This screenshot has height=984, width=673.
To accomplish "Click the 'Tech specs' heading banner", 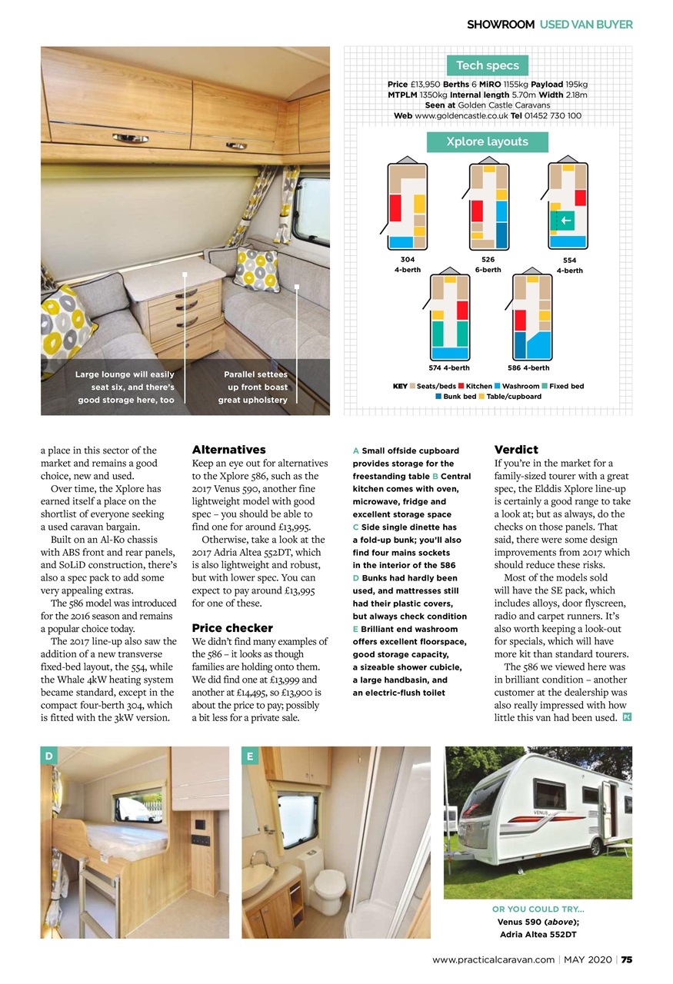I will [487, 65].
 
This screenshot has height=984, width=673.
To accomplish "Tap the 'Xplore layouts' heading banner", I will [487, 141].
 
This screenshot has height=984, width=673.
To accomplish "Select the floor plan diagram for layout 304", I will [407, 206].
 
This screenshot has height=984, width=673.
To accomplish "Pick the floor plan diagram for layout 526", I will [488, 206].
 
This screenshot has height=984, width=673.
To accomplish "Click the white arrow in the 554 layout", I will [566, 221].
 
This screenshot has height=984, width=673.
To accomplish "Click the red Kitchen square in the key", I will [461, 386].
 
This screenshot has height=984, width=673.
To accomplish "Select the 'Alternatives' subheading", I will [228, 450].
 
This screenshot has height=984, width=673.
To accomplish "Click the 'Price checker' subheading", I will [232, 628].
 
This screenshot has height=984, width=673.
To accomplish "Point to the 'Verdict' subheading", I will [515, 450].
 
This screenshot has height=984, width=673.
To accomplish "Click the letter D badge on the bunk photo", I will [49, 756].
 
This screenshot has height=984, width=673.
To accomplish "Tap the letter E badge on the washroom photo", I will [251, 756].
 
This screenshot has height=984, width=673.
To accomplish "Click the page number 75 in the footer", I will [627, 959].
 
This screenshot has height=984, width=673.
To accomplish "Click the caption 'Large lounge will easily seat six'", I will [125, 387].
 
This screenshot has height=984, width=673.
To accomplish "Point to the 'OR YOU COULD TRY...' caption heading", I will [538, 909].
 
